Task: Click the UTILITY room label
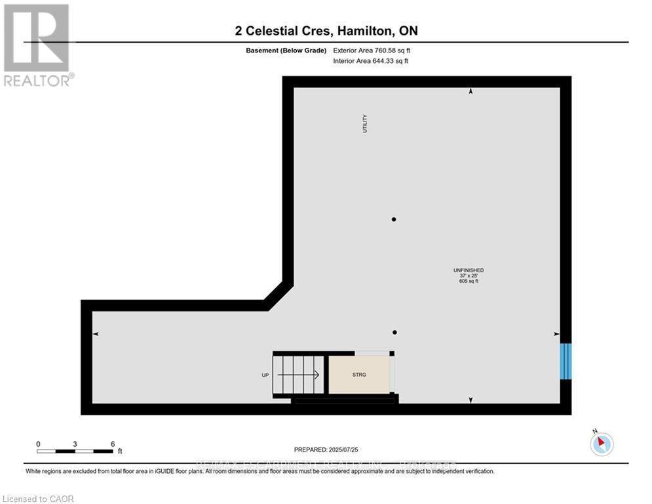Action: coord(365,124)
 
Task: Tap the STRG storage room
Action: coord(358,375)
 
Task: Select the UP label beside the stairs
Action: coord(265,375)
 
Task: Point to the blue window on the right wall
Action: coord(566,361)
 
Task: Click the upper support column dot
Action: coord(394,219)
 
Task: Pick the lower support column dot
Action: coord(394,332)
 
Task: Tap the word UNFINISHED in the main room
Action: coord(469,270)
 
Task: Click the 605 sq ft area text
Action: coord(469,281)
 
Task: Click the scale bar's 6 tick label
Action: coord(113,444)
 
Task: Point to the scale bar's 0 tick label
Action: coord(38,444)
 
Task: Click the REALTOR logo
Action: coord(37,45)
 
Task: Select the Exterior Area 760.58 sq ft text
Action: coord(372,50)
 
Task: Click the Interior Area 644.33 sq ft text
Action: coord(372,61)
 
